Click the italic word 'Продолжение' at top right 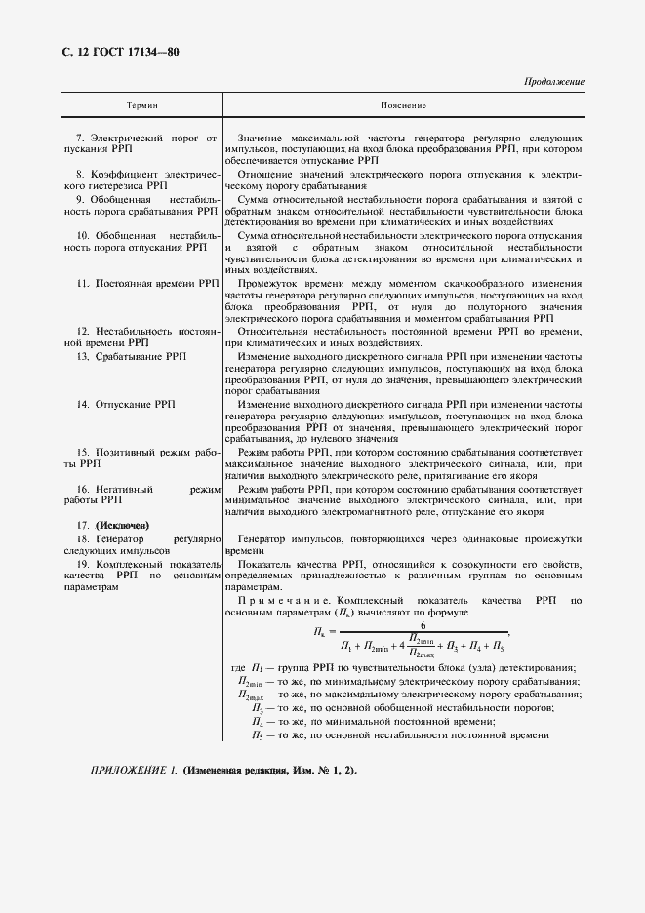tap(554, 82)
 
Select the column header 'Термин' tap(142, 103)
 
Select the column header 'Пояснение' tap(404, 103)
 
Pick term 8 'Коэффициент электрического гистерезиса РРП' tap(142, 178)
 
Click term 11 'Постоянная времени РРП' tap(147, 283)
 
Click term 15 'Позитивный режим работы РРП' tap(142, 457)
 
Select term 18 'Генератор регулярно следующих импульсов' tap(142, 544)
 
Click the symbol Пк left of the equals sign tap(318, 633)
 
